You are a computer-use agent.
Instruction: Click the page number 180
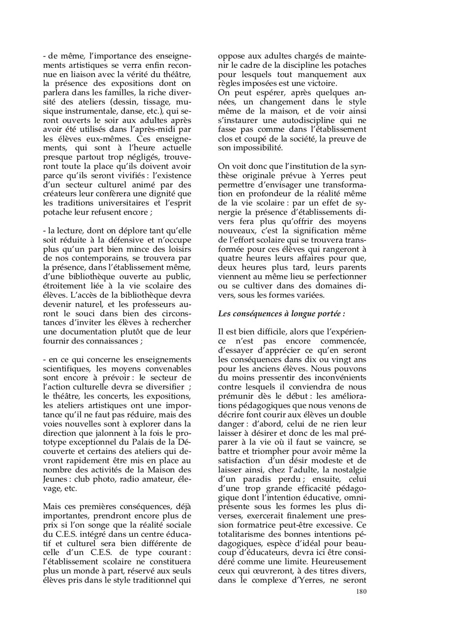tap(361, 606)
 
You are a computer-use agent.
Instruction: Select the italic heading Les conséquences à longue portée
tap(281, 313)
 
